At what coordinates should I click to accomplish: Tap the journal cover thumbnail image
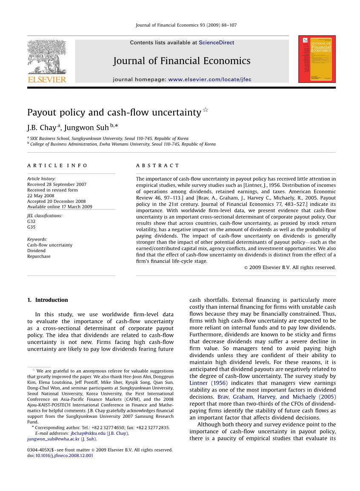tap(317, 59)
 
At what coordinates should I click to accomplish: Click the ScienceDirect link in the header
tap(216, 43)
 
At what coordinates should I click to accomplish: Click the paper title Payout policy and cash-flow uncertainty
tap(114, 113)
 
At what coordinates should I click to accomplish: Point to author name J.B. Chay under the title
tap(41, 128)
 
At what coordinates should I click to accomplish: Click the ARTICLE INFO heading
tap(57, 165)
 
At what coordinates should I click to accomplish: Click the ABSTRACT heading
tap(157, 165)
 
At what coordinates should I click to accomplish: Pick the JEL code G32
tap(31, 221)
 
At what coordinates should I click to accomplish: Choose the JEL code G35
tap(31, 227)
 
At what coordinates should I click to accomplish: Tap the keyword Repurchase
tap(39, 256)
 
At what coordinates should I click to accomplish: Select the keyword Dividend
tap(36, 251)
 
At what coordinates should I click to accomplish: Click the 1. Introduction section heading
tap(47, 300)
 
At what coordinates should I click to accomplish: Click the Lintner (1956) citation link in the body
tap(209, 383)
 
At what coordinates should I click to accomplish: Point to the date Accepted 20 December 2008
tap(56, 202)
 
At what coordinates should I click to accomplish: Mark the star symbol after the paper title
tap(206, 110)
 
